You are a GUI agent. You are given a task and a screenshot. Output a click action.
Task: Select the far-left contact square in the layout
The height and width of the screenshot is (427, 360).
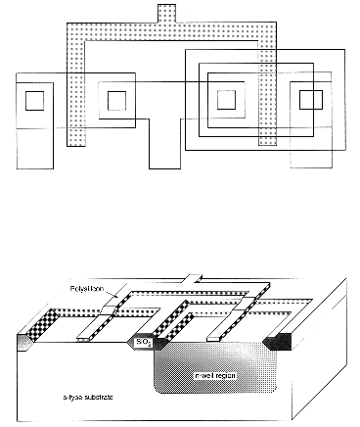pyautogui.click(x=34, y=99)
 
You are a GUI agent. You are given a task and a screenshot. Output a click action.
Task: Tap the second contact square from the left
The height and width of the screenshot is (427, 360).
pyautogui.click(x=117, y=99)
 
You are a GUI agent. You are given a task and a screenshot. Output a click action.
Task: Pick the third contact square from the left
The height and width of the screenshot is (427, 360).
pyautogui.click(x=226, y=99)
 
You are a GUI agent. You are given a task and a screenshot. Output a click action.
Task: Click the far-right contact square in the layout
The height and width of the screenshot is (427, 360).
pyautogui.click(x=310, y=99)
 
